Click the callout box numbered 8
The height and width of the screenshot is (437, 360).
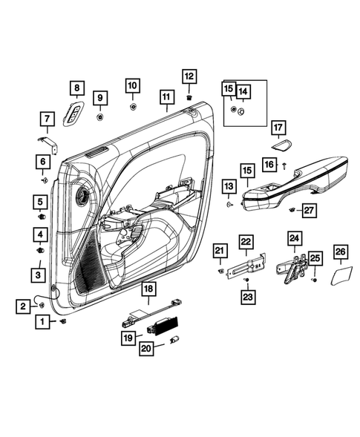(x=75, y=88)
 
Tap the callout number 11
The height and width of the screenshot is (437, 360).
(x=166, y=96)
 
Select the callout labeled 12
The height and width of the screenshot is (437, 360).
(x=188, y=76)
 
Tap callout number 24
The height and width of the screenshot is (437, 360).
(x=295, y=238)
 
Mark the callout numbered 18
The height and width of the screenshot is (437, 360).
(x=148, y=288)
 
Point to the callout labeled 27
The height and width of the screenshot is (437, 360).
(x=309, y=210)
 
